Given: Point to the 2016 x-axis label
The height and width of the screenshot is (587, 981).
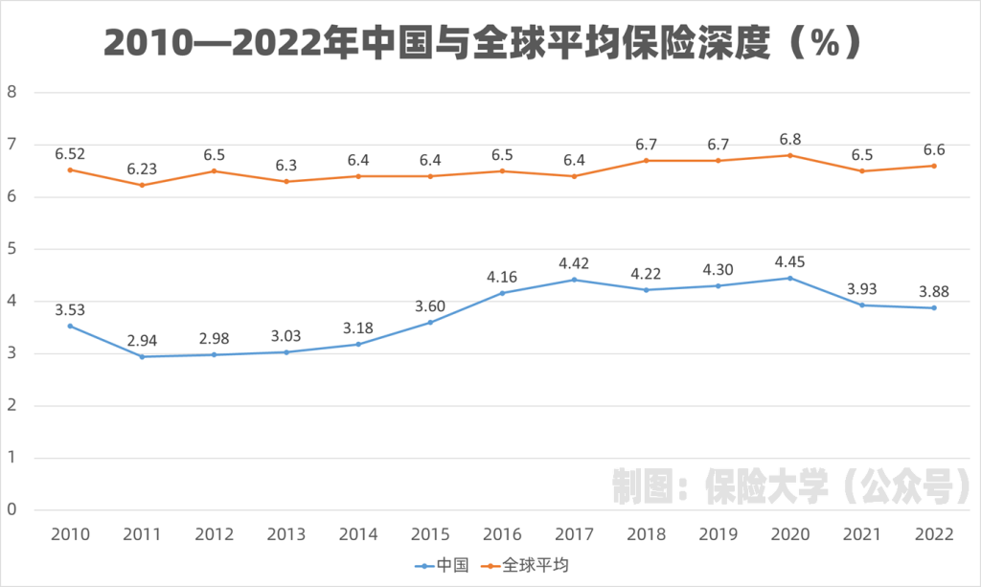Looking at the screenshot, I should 502,534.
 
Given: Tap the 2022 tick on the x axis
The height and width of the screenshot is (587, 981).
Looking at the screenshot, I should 933,534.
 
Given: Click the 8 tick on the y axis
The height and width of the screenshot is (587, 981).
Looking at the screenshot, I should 12,93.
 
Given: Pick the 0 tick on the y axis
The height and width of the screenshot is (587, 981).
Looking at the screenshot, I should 12,509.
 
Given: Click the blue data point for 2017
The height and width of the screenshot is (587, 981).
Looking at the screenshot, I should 574,280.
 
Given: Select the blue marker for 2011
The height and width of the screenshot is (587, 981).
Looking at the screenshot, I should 142,356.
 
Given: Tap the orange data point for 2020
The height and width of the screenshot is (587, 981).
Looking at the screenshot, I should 789,155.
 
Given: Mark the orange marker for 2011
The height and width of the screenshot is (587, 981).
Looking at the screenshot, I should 142,185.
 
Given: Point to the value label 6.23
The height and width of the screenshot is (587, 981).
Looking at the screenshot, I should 142,169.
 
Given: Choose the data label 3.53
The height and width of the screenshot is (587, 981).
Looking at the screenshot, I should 70,309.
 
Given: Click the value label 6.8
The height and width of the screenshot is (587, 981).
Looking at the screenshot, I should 789,138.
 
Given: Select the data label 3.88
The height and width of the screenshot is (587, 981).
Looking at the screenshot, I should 933,290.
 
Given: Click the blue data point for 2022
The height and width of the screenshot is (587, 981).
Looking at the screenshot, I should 933,307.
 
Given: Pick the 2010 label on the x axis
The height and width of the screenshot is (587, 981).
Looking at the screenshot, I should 70,534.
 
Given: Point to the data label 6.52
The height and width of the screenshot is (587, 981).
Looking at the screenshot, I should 70,153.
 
